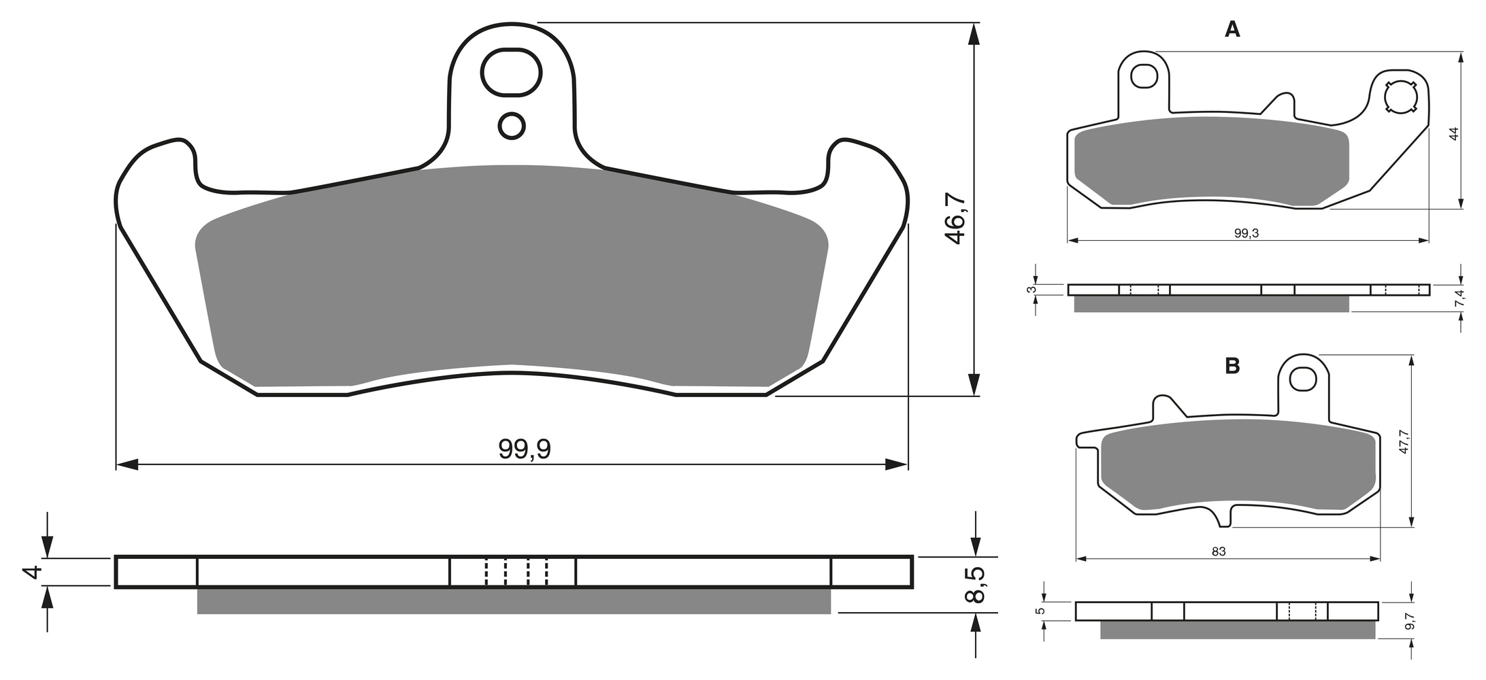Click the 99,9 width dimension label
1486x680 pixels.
coord(524,449)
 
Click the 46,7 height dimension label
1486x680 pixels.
coord(955,218)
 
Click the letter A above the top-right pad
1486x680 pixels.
coord(1232,29)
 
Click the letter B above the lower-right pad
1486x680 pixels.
coord(1232,367)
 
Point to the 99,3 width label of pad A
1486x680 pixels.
coord(1246,233)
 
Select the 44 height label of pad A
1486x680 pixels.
coord(1454,134)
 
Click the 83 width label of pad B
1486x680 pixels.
coord(1219,551)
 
